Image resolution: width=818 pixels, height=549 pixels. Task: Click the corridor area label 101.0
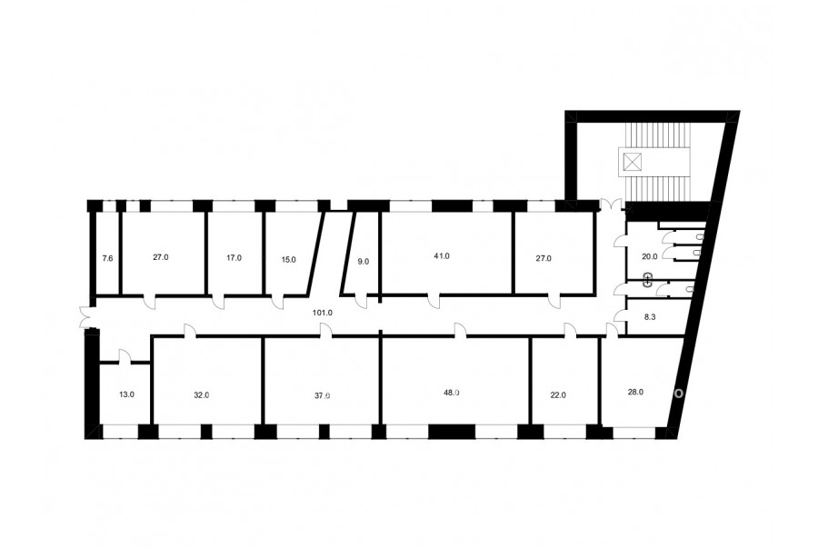[x=323, y=313]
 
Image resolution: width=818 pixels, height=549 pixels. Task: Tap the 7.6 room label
[x=107, y=258]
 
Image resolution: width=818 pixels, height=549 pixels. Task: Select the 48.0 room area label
[x=451, y=393]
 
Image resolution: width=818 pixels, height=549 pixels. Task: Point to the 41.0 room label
[x=442, y=256]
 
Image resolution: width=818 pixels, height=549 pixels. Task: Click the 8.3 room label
[x=650, y=316]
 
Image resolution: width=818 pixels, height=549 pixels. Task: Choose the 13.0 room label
[x=126, y=394]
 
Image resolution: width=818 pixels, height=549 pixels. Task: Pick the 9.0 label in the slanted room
[x=363, y=262]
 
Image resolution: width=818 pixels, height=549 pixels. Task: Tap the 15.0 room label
[x=288, y=259]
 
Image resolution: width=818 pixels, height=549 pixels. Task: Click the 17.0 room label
[x=234, y=258]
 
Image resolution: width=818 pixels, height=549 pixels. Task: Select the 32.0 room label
[x=202, y=395]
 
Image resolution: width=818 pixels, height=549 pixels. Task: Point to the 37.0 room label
[x=323, y=395]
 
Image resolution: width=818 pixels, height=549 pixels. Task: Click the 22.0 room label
[x=558, y=395]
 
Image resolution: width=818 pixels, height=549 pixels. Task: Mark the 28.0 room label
[x=635, y=392]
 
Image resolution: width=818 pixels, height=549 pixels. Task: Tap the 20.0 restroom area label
[x=650, y=256]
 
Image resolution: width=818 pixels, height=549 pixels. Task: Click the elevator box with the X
[x=632, y=162]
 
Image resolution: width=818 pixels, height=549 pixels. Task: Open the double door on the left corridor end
[x=85, y=318]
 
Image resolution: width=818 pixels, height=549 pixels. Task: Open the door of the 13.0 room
[x=125, y=356]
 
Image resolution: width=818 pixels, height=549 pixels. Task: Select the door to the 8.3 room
[x=620, y=315]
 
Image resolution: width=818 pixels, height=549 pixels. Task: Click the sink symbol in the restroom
[x=648, y=280]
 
